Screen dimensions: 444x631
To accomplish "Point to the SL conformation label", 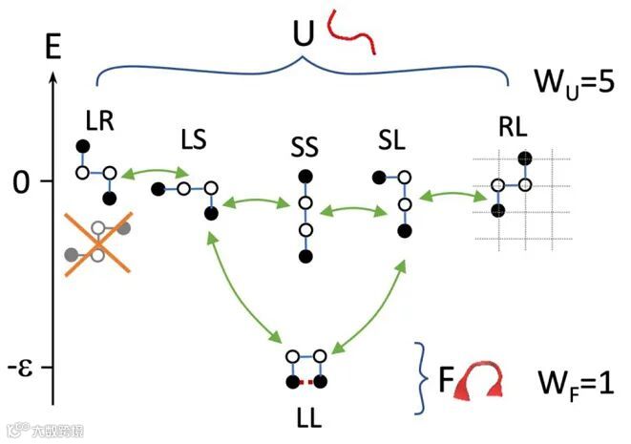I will click(393, 141).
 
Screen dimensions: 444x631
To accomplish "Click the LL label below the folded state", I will click(308, 418).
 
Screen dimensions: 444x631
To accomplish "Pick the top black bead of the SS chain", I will click(305, 176).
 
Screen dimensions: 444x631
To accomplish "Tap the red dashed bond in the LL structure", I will click(307, 383).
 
